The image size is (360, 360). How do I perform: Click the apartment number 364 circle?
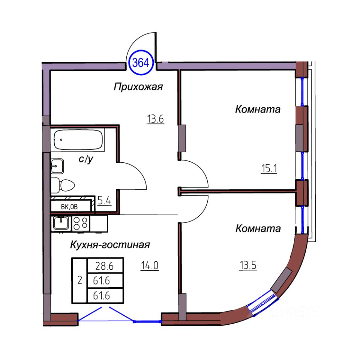point(141,63)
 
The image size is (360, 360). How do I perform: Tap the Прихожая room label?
point(138,87)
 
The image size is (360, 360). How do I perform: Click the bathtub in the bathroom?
point(78,139)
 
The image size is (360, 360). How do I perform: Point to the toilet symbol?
point(64,185)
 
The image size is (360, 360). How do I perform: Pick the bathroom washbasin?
point(57,165)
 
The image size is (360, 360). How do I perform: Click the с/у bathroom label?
point(85,159)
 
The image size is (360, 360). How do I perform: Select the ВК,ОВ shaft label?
point(70,206)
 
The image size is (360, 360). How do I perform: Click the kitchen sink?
point(60,223)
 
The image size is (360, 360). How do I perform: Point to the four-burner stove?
point(81,223)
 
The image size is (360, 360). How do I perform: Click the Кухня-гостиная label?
point(110,245)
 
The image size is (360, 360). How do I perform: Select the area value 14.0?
point(150,266)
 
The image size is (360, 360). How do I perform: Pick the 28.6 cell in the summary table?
point(105,267)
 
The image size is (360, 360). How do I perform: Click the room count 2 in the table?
point(79,280)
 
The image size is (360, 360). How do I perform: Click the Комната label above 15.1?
point(258,109)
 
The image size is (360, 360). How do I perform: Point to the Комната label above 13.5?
point(258,228)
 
